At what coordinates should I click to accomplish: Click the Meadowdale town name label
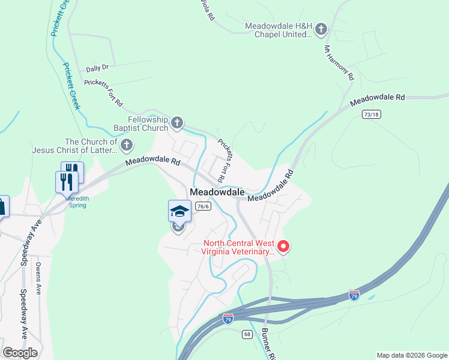217,192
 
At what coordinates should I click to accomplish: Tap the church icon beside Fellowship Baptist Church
177,124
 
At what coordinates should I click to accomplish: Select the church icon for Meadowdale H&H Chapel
321,29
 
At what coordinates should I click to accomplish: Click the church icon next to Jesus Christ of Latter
127,145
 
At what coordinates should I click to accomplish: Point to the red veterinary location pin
283,246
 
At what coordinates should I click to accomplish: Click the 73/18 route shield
372,114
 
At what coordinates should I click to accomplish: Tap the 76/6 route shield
204,206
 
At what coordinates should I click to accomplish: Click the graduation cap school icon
179,211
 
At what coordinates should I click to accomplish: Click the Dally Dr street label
97,68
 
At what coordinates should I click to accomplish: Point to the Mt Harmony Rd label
340,62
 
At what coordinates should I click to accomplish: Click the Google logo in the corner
20,352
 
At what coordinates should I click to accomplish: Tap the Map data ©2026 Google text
412,355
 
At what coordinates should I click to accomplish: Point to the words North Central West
239,244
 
